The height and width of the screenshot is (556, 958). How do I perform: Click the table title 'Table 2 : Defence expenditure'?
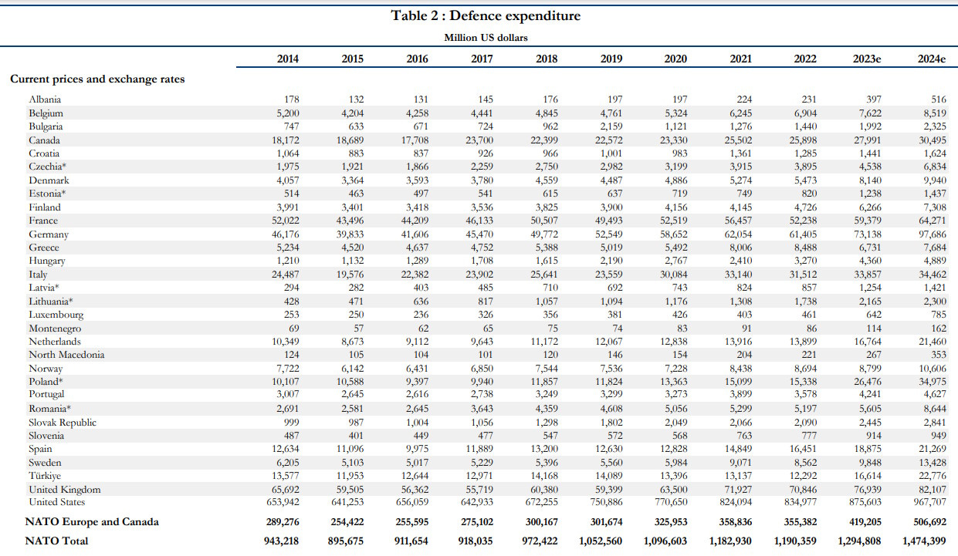(x=486, y=15)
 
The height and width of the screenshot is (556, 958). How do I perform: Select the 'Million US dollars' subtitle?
(x=486, y=37)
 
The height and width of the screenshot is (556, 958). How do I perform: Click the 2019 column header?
(x=611, y=59)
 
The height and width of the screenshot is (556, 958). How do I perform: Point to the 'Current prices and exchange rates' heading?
(x=97, y=79)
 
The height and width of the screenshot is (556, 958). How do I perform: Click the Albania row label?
(x=45, y=99)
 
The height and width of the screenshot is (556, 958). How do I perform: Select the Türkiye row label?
(x=45, y=476)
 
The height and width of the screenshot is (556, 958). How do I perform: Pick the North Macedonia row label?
(x=66, y=355)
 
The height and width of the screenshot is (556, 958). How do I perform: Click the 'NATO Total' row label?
(x=56, y=541)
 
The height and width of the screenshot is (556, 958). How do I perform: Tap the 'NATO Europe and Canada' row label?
(x=92, y=521)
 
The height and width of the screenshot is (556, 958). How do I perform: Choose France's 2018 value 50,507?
(x=543, y=221)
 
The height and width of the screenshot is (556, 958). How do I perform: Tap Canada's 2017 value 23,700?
(x=479, y=140)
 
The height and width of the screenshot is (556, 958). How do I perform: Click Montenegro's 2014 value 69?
(x=292, y=328)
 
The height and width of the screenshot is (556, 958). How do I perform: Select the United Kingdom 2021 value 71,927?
(x=736, y=490)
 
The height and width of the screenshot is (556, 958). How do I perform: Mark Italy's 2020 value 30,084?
(x=672, y=274)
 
